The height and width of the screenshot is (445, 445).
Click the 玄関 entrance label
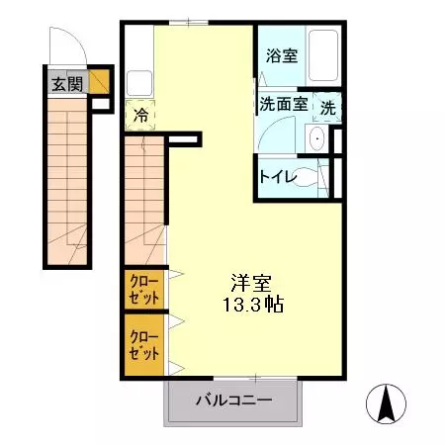tap(68, 83)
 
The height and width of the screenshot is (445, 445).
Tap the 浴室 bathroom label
tap(282, 56)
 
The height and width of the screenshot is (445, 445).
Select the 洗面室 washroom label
tap(282, 103)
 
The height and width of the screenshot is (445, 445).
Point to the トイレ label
tap(275, 177)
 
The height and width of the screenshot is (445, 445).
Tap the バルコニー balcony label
tap(232, 401)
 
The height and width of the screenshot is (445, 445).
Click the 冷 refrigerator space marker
tap(141, 115)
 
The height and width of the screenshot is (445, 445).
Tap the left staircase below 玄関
tap(68, 188)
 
